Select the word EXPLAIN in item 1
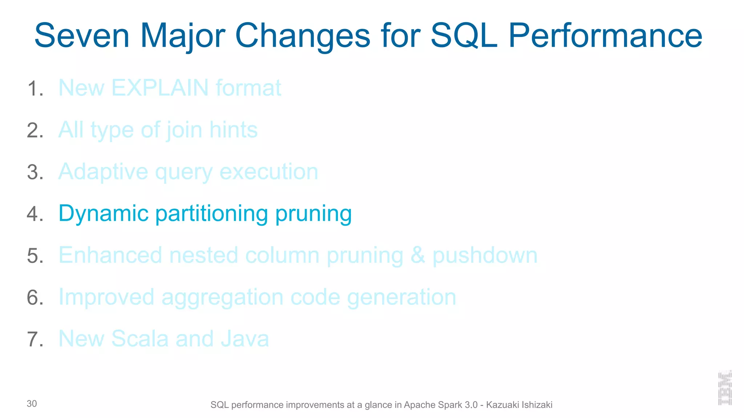[x=160, y=88]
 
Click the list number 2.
[x=35, y=130]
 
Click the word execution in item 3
[x=269, y=172]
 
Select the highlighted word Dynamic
[x=104, y=213]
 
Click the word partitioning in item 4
[x=211, y=213]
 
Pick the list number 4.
[x=35, y=214]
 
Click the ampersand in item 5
[x=418, y=255]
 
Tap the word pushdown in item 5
[x=485, y=255]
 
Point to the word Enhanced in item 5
[x=110, y=255]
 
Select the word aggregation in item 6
[x=222, y=297]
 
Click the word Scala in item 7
[x=140, y=339]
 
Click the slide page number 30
[x=32, y=403]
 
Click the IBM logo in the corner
[x=725, y=388]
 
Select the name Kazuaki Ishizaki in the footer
[x=519, y=405]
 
